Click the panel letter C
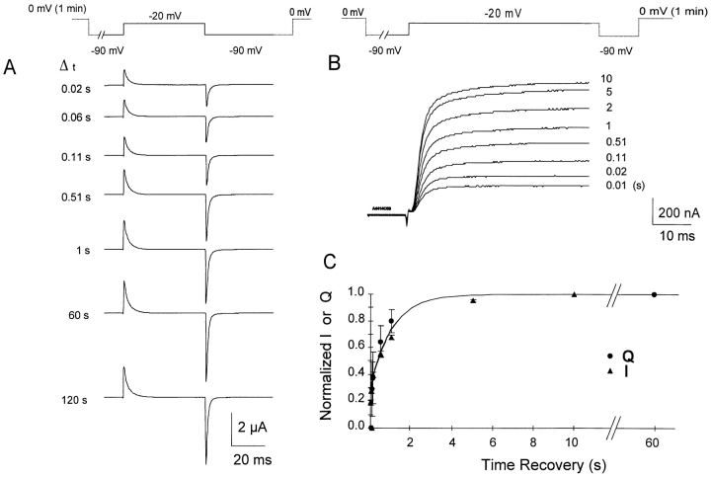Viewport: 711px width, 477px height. click(x=333, y=263)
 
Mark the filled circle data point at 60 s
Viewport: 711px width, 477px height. click(x=654, y=294)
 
